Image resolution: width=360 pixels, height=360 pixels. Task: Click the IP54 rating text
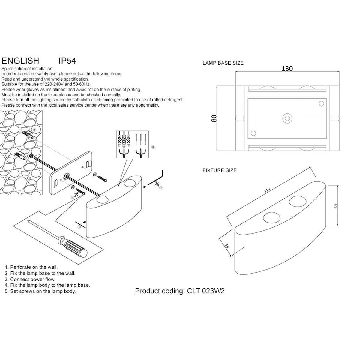pos(67,61)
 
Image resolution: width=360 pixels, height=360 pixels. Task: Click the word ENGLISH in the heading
pos(20,61)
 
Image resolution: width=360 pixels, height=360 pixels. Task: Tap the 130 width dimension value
pos(287,69)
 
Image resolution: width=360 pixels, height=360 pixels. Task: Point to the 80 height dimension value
pos(214,118)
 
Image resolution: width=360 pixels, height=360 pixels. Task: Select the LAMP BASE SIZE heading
pos(223,63)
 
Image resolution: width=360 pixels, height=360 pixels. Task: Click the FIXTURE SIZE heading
pos(220,170)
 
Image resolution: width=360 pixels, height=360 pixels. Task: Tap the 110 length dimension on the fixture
pos(267,190)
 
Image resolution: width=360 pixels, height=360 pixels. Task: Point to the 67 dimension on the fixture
pos(336,205)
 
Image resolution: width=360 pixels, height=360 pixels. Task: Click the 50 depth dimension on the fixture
pos(227,245)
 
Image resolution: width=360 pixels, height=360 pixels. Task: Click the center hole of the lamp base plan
pos(287,118)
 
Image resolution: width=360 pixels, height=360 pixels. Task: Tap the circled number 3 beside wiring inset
pos(153,147)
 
